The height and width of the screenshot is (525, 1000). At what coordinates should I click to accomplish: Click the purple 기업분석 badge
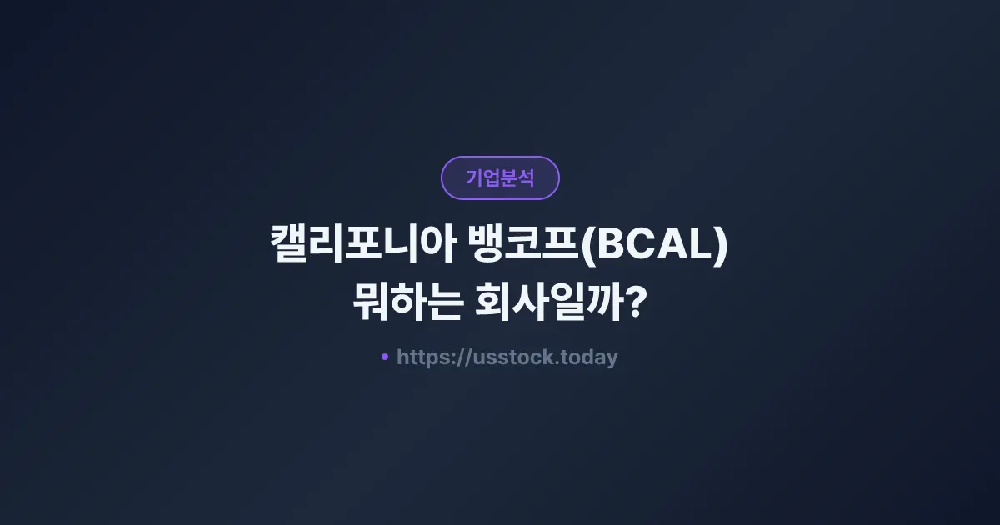click(x=500, y=177)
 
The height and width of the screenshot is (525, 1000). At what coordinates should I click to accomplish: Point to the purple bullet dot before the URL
click(x=384, y=357)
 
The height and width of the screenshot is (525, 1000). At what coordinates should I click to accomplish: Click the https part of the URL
click(x=424, y=357)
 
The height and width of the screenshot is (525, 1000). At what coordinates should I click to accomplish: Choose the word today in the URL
click(x=591, y=357)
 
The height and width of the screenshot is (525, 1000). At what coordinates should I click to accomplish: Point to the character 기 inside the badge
click(x=474, y=177)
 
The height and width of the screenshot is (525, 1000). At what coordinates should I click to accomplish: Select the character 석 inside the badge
click(x=526, y=177)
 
